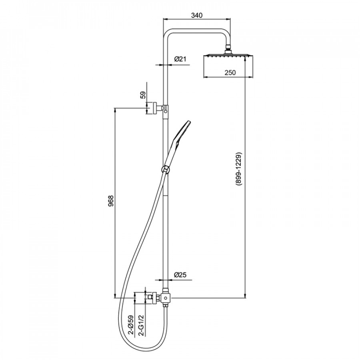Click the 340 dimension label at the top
(x=197, y=15)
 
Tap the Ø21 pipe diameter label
(x=180, y=59)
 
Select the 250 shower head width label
(x=230, y=72)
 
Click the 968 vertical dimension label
(x=111, y=201)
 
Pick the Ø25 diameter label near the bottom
(x=180, y=274)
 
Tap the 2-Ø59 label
(x=130, y=325)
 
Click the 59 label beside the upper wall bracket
(x=143, y=95)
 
